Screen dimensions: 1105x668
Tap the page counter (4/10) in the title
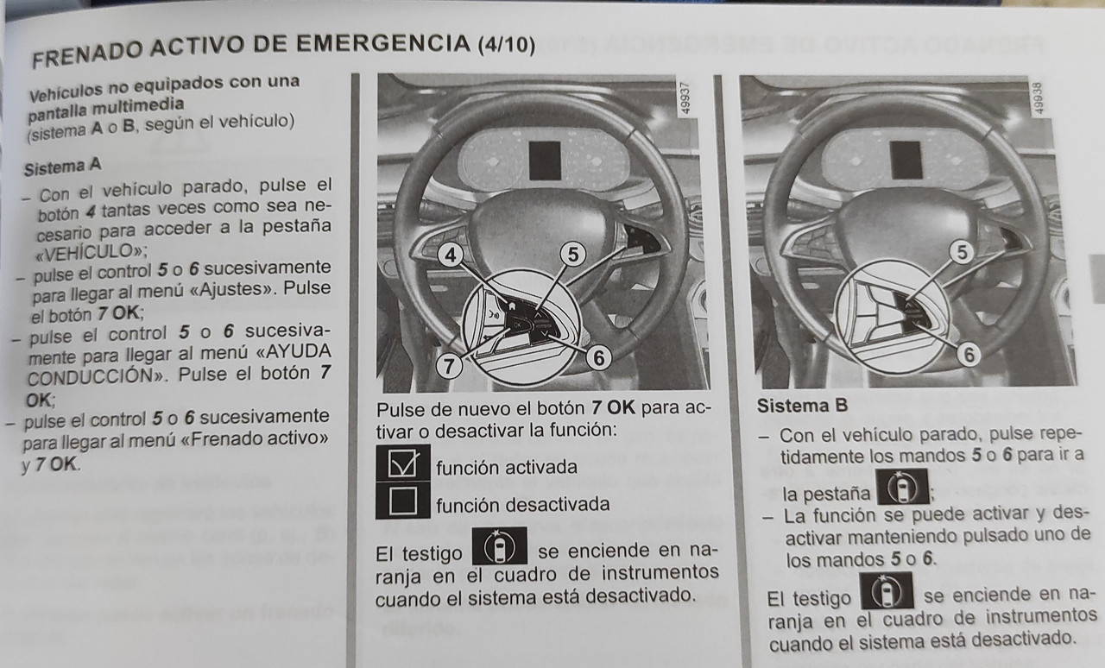coord(507,46)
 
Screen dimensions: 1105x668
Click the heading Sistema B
coord(803,406)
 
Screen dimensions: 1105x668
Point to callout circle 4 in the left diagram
coord(451,255)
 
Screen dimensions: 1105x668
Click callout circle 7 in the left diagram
coord(449,367)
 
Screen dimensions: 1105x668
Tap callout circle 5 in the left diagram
coord(572,255)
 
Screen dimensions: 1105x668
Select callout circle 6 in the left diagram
coord(599,357)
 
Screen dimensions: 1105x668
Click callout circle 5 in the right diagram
coord(962,253)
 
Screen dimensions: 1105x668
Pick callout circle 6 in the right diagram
coord(969,355)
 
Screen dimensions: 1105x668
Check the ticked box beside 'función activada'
coord(403,463)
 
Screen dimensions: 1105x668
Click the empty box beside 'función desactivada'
coord(403,501)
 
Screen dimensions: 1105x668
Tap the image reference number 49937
coord(685,98)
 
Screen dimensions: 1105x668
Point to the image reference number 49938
coord(1039,98)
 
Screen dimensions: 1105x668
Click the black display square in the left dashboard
coord(546,161)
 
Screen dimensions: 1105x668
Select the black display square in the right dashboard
coord(906,160)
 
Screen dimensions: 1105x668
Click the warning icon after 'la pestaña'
coord(903,487)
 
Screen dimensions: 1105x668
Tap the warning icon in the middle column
coord(500,545)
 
